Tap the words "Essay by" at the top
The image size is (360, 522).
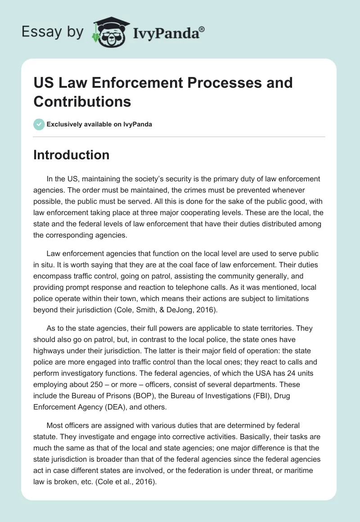pyautogui.click(x=53, y=32)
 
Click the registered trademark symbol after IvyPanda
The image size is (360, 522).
pyautogui.click(x=202, y=30)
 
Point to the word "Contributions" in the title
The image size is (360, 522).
pyautogui.click(x=82, y=102)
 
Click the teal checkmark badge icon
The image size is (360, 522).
pyautogui.click(x=39, y=124)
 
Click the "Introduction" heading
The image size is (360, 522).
pyautogui.click(x=72, y=155)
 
